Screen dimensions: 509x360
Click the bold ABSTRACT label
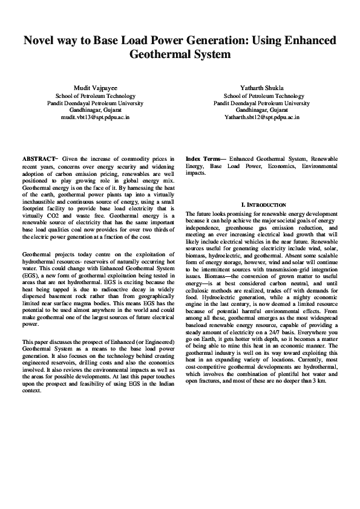coord(39,159)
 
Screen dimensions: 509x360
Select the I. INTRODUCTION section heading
coord(263,206)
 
